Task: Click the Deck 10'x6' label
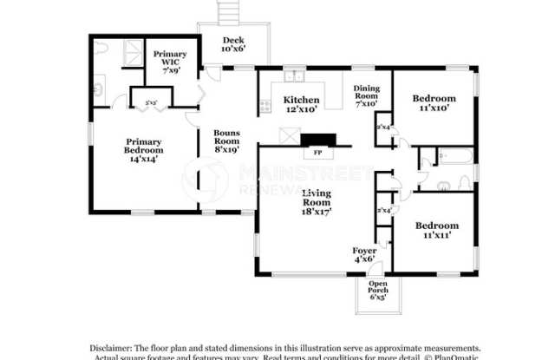pyautogui.click(x=233, y=45)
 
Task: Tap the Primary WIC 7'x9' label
pyautogui.click(x=170, y=62)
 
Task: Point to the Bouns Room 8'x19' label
pyautogui.click(x=227, y=141)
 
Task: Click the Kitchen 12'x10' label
pyautogui.click(x=302, y=105)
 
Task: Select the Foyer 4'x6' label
pyautogui.click(x=365, y=255)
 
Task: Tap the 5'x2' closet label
pyautogui.click(x=150, y=102)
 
